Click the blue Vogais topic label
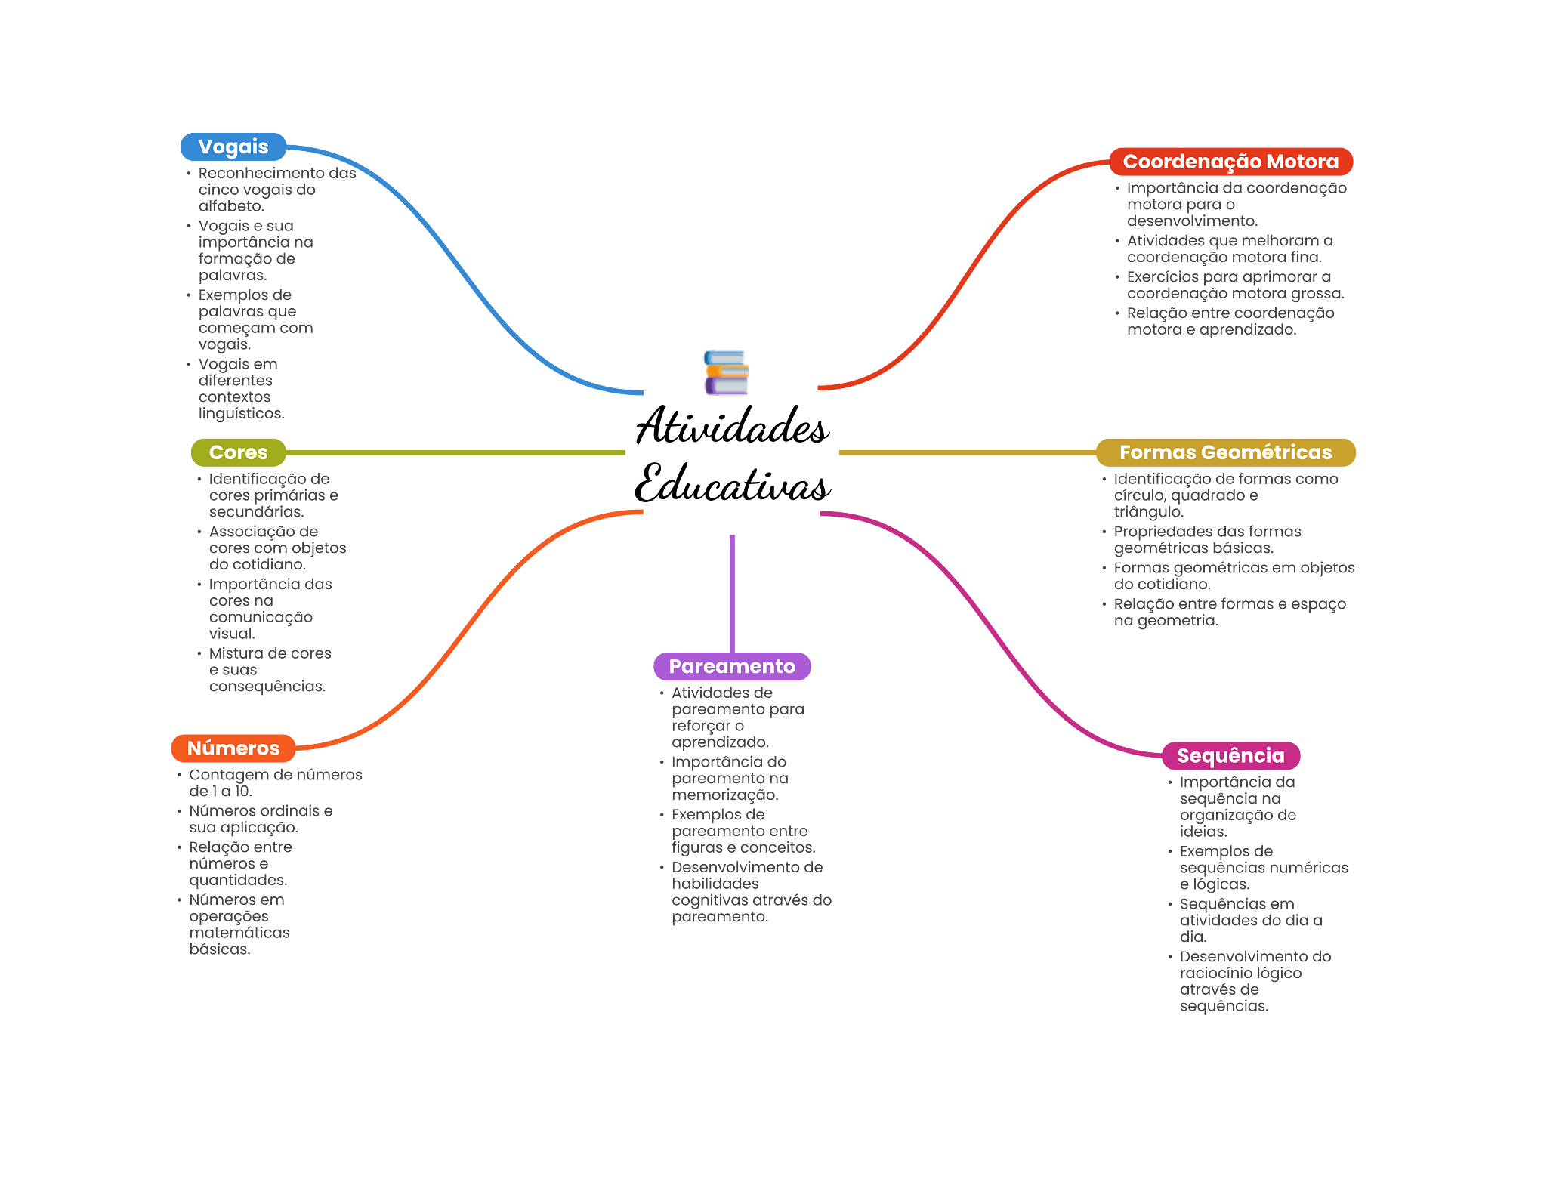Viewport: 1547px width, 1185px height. coord(233,147)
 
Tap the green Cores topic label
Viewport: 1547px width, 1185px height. coord(238,452)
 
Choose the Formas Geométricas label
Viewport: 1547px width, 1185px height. coord(1225,452)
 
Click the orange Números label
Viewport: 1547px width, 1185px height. coord(233,748)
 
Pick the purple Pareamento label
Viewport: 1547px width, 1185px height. coord(731,666)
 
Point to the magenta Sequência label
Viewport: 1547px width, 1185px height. coord(1230,755)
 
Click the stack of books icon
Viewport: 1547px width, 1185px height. coord(726,372)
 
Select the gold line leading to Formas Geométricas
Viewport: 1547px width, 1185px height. coord(967,452)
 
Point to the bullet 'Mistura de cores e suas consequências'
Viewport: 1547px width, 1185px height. coord(270,670)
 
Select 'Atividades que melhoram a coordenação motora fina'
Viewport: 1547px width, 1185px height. coord(1229,249)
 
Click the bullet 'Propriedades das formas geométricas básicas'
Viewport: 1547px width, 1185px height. coord(1207,540)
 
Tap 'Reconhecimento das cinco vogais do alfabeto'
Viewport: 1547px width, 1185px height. coord(276,190)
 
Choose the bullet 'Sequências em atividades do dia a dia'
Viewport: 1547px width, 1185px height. coord(1250,920)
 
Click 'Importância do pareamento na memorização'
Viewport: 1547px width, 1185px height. coord(729,779)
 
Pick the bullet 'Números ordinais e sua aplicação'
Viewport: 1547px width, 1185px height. coord(261,819)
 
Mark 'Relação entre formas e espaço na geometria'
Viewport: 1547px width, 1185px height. coord(1229,613)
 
